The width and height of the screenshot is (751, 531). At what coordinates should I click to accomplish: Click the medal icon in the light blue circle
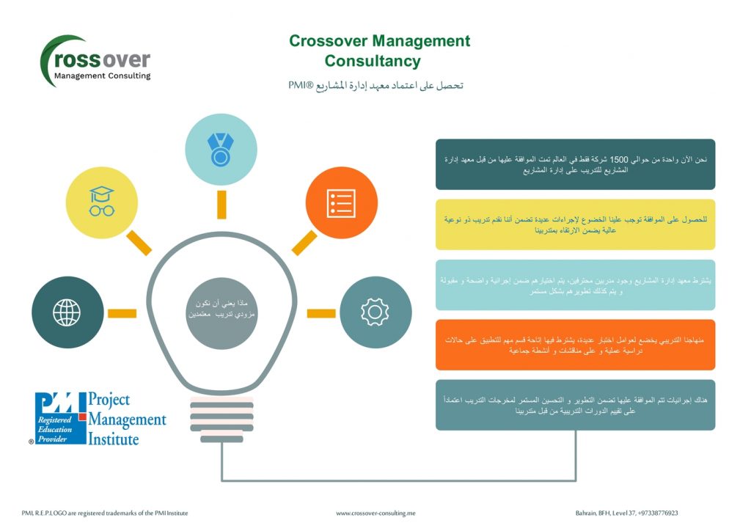point(221,150)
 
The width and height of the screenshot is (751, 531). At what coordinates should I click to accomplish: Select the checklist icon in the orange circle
point(341,203)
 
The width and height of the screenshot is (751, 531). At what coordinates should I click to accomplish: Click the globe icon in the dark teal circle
point(67,312)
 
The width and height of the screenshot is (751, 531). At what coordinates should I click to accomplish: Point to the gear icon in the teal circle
point(375,312)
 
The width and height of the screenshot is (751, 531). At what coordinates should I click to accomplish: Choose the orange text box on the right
point(575,345)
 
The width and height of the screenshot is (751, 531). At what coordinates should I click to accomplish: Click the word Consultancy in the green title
point(373,61)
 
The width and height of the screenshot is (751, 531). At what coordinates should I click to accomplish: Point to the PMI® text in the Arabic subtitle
point(301,86)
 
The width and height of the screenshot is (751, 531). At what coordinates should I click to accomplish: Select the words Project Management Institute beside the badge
point(126,420)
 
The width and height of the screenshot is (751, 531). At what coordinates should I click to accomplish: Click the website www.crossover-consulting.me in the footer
point(375,513)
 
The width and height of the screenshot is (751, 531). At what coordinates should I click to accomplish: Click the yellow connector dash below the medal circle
point(221,204)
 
